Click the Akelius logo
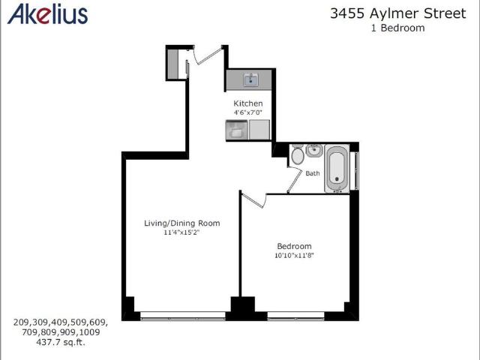coord(47,13)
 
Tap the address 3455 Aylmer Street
coord(398,13)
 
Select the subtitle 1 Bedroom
coord(398,28)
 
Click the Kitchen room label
coord(248,103)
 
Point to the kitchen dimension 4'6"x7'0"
coord(248,112)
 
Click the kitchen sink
coord(251,79)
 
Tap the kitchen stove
coord(236,130)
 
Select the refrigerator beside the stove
coord(259,130)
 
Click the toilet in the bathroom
coord(298,154)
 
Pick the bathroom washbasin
coord(314,151)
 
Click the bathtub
coord(337,169)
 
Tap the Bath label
coord(313,173)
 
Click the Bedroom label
coord(294,246)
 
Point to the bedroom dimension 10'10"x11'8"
coord(294,255)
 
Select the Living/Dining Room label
coord(182,223)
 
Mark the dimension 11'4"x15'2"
coord(181,232)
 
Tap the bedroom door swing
coord(253,200)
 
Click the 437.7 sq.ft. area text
coord(61,342)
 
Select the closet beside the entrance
coord(173,64)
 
